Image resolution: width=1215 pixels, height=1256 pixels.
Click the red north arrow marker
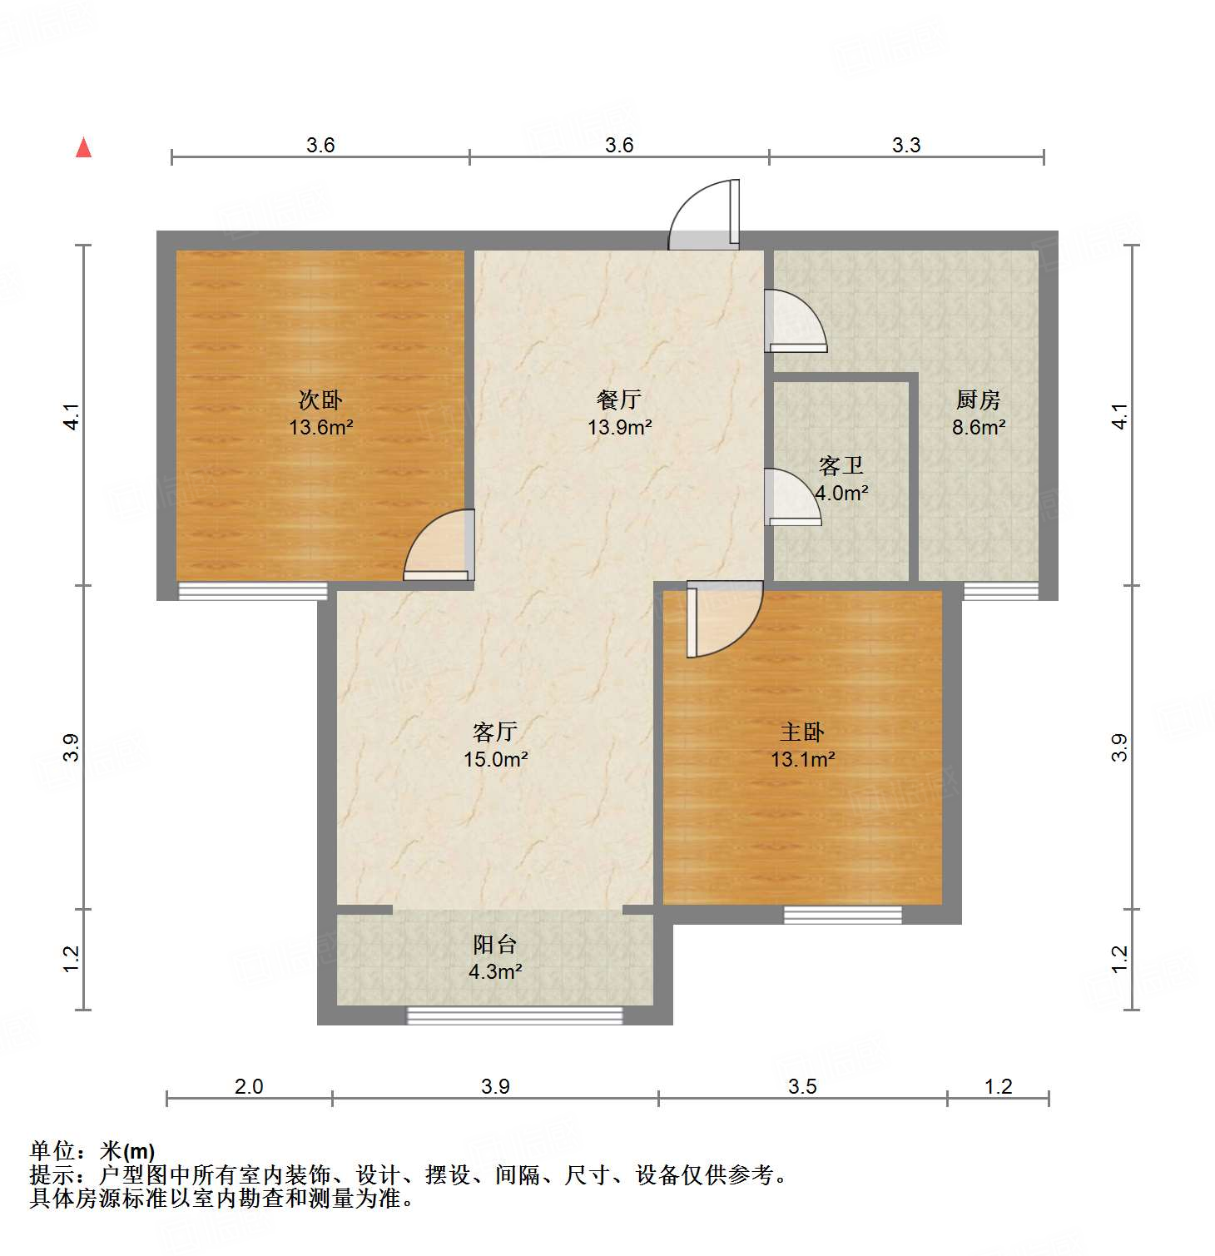click(x=83, y=147)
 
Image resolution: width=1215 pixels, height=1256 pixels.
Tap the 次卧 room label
click(x=320, y=400)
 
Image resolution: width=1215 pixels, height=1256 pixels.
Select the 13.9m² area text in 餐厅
click(x=619, y=428)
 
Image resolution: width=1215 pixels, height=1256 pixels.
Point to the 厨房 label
click(x=978, y=400)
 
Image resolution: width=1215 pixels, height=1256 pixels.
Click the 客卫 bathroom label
click(x=841, y=465)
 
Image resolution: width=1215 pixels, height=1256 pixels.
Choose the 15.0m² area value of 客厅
click(x=496, y=759)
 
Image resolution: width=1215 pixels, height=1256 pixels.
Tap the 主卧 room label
click(x=802, y=732)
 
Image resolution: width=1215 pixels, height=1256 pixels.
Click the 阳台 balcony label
click(x=495, y=945)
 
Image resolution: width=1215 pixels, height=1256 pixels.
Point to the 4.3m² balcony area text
click(x=495, y=971)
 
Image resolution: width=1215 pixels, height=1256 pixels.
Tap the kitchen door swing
click(x=795, y=321)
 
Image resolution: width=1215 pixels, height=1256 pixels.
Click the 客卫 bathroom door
click(x=791, y=499)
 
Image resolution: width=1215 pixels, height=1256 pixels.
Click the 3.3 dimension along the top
click(x=906, y=146)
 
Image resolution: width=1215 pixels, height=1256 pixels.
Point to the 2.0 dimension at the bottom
click(x=249, y=1086)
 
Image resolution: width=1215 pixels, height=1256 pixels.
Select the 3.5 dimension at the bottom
click(x=802, y=1086)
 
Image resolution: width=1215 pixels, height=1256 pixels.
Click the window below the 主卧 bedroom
click(x=843, y=915)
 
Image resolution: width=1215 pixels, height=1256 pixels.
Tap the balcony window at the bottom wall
click(x=514, y=1015)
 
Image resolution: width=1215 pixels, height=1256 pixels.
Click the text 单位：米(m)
click(x=92, y=1151)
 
